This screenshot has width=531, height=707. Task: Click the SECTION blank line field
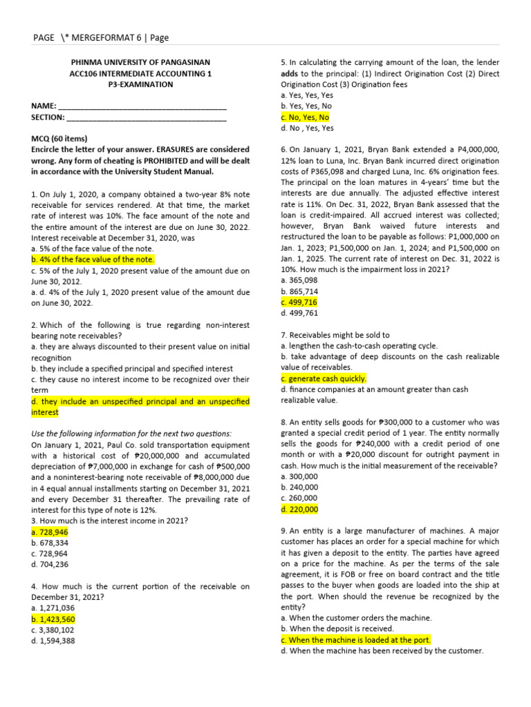pyautogui.click(x=148, y=118)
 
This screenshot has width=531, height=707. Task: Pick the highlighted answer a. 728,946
pyautogui.click(x=50, y=533)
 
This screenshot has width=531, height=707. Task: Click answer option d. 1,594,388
pyautogui.click(x=53, y=640)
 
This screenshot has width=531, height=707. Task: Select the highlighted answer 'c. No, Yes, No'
pyautogui.click(x=305, y=117)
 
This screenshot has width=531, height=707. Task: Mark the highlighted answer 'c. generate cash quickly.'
pyautogui.click(x=324, y=378)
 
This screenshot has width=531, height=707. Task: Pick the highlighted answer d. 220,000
pyautogui.click(x=299, y=509)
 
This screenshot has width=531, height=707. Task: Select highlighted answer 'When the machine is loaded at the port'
pyautogui.click(x=355, y=640)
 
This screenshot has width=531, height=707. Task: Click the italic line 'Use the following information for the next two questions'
pyautogui.click(x=132, y=433)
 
